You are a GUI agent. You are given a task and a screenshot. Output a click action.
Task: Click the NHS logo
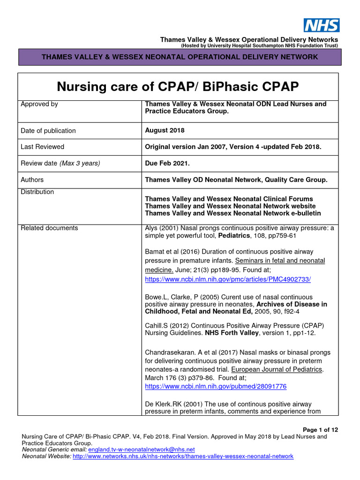click(x=322, y=25)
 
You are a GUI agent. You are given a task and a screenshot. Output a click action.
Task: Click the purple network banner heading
click(x=180, y=57)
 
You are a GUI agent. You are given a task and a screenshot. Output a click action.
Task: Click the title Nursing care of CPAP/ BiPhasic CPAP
click(x=178, y=87)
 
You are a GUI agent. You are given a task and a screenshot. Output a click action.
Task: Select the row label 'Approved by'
click(x=39, y=104)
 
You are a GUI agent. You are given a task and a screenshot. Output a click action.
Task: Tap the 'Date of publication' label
click(x=48, y=131)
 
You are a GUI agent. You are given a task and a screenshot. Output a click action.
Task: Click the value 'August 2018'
click(x=165, y=130)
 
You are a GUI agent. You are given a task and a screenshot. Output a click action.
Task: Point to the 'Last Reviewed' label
click(x=42, y=147)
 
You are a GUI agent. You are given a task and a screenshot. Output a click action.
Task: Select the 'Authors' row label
click(x=32, y=180)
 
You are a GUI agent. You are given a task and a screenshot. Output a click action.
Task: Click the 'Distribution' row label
click(x=37, y=192)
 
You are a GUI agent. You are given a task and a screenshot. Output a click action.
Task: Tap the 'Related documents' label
click(x=49, y=228)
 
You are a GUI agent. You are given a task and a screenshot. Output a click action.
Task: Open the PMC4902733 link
click(x=228, y=279)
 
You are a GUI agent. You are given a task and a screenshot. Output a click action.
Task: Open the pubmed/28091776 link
click(x=216, y=387)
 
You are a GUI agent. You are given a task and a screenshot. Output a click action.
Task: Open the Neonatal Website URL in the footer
click(x=183, y=456)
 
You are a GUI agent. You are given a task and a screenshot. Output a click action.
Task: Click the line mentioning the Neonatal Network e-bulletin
click(x=233, y=213)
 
